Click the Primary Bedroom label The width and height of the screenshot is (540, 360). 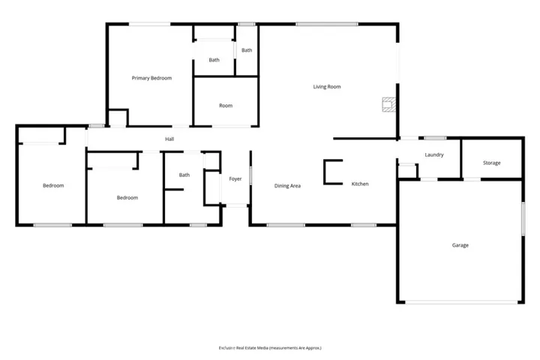point(151,78)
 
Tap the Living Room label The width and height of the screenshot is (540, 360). point(327,87)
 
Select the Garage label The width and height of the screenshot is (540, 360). point(460,245)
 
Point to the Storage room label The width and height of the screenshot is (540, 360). point(491,163)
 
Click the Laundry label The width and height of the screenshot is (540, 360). point(434,155)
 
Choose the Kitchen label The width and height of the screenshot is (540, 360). point(360,184)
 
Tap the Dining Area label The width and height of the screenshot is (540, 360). point(287,186)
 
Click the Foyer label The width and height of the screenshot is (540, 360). point(235,178)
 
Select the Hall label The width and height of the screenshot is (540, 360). point(169,139)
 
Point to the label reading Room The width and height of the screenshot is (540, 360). point(226,106)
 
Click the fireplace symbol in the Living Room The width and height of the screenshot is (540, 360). point(388,104)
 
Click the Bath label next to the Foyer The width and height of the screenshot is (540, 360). point(184,175)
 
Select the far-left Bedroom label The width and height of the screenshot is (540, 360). point(53,186)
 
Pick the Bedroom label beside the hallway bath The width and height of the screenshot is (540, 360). point(127,198)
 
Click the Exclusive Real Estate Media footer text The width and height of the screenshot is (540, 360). point(269,348)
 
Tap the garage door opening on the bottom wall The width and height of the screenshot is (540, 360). point(460,302)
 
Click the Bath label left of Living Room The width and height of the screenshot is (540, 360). point(247,50)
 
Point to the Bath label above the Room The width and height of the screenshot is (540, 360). point(214,60)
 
